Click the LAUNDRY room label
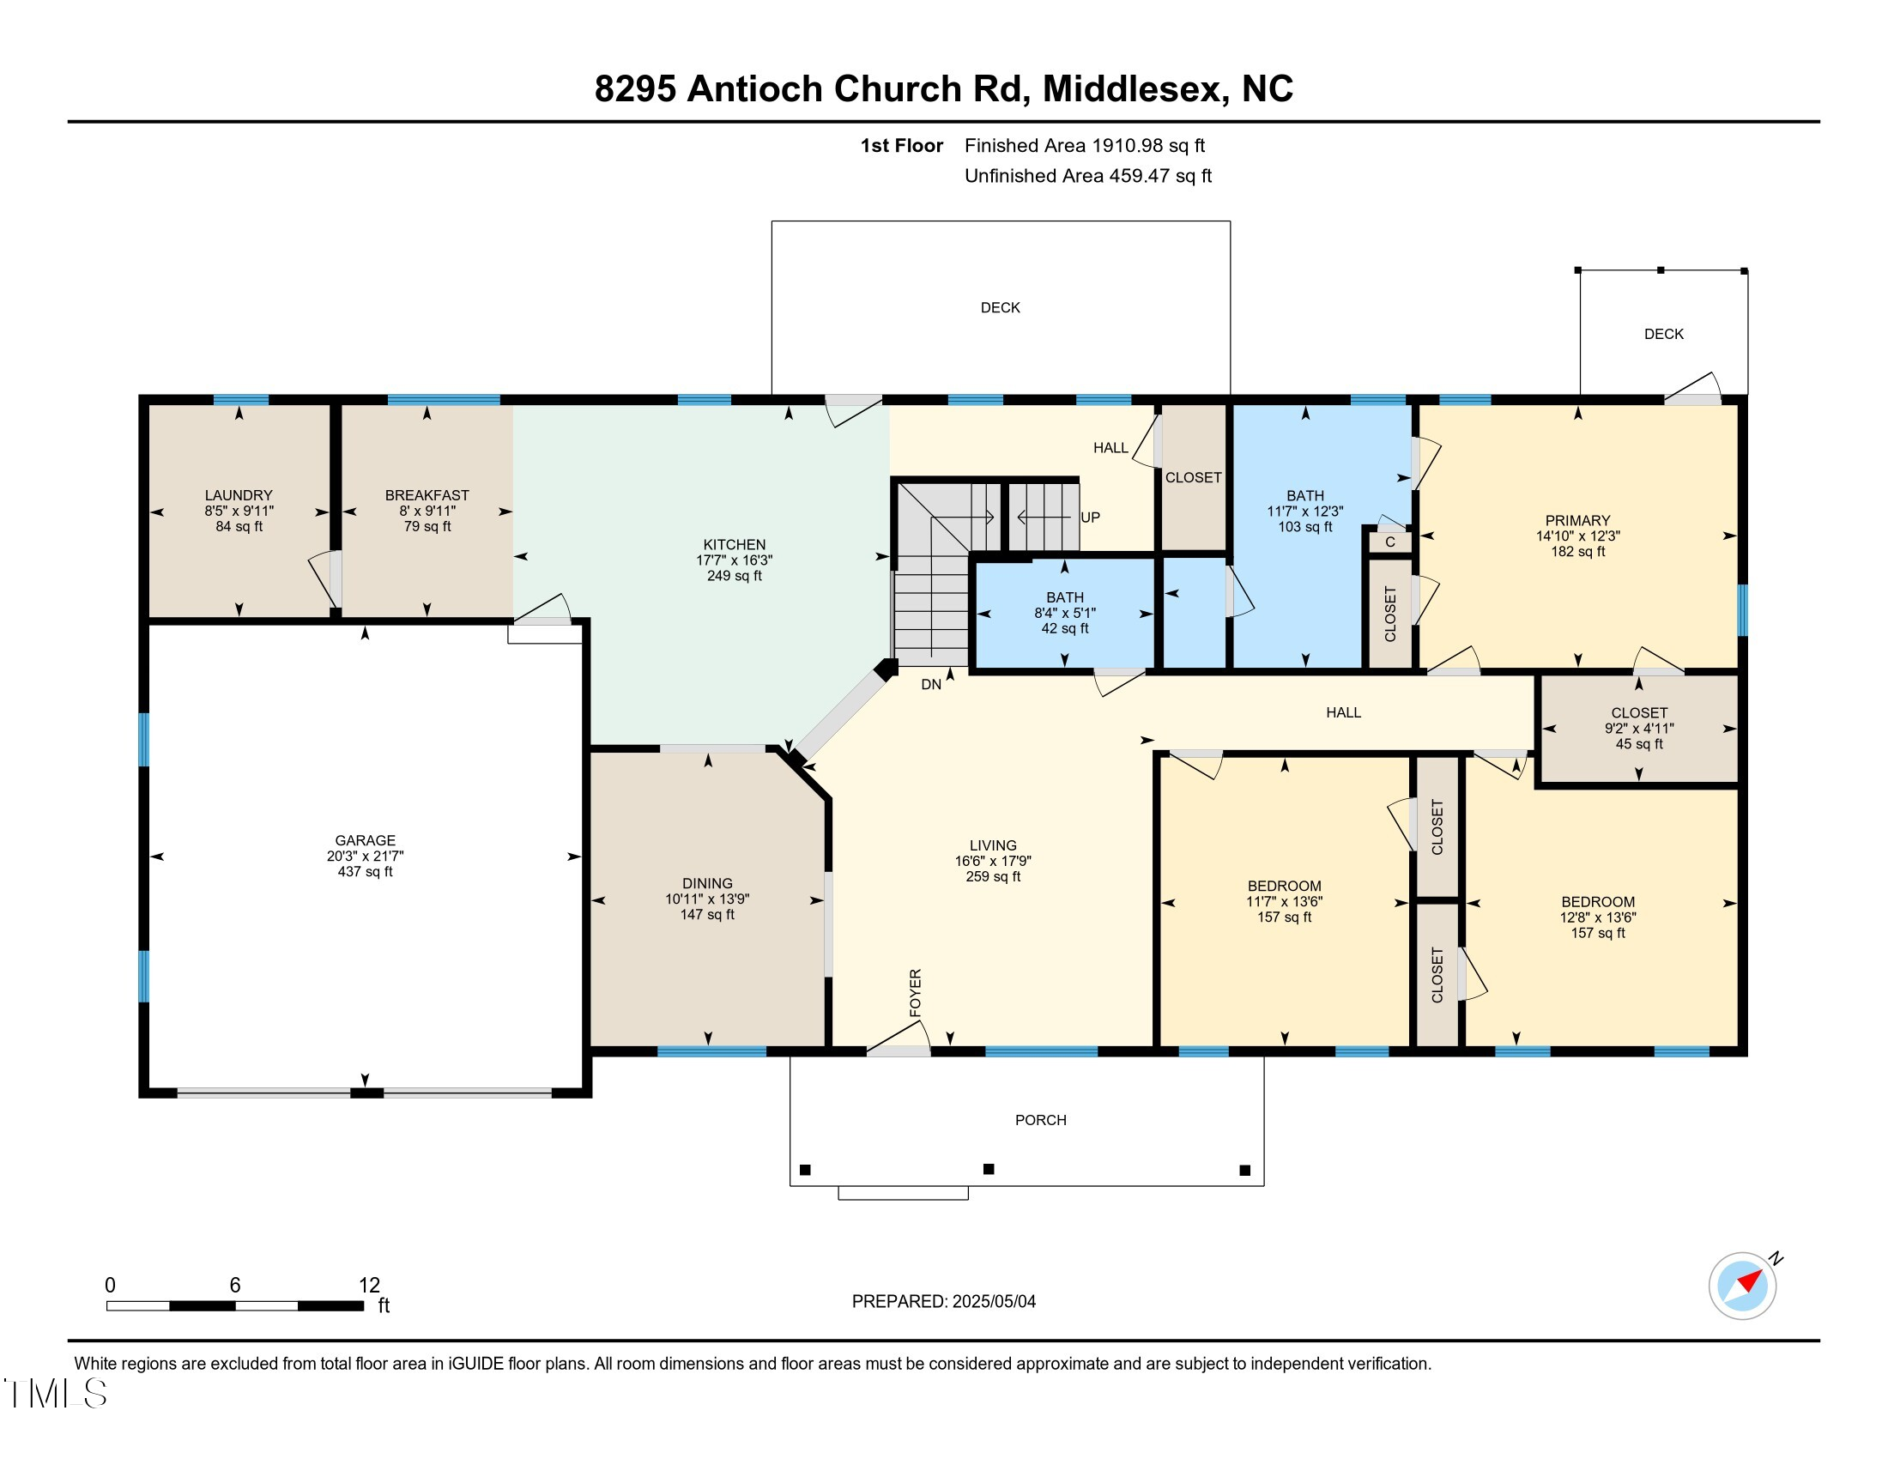239,495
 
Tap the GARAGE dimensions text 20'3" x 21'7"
365,856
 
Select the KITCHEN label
734,544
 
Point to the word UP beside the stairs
1090,517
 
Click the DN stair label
931,685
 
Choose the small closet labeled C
1390,542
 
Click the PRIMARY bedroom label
1577,520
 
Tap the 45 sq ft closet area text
1639,744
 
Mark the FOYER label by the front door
916,992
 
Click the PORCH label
1041,1120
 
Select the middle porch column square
989,1170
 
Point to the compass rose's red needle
1750,1280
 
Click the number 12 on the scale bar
369,1286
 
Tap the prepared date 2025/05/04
993,1302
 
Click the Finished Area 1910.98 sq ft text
1085,145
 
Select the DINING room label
707,883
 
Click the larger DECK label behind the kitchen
1000,308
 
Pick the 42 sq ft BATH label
1065,597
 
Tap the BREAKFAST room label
427,495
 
